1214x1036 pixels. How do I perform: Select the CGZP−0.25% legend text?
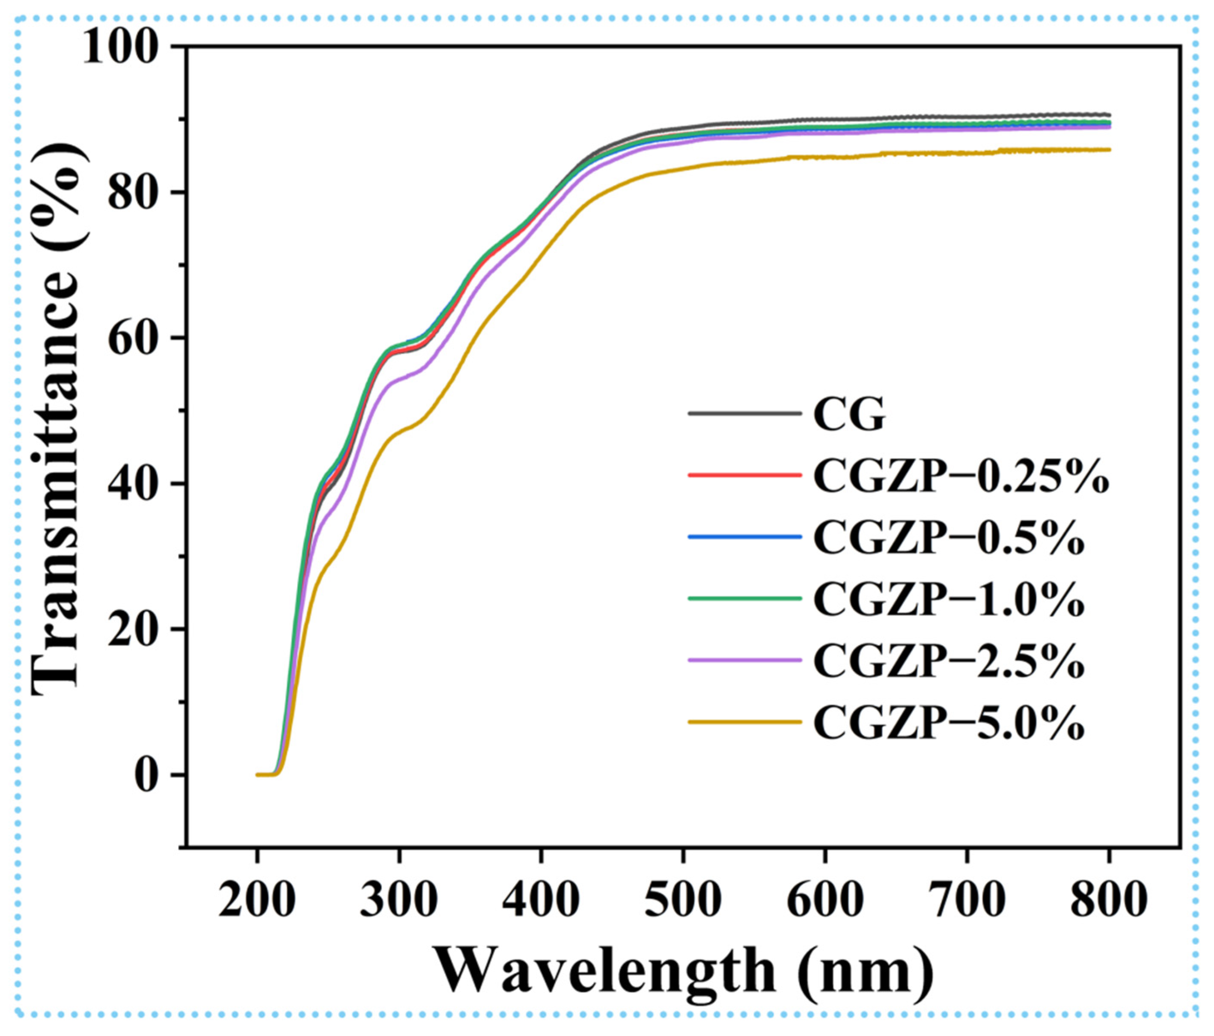coord(961,477)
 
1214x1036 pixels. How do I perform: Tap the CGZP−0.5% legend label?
coord(949,538)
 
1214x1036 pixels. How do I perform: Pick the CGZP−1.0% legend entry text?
coord(949,600)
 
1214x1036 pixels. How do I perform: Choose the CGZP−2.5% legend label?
coord(949,661)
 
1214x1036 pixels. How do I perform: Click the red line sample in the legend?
coord(744,475)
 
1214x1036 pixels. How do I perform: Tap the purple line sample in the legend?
coord(744,660)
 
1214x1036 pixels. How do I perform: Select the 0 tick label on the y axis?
coord(146,775)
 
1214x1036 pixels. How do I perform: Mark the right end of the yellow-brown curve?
coord(1109,150)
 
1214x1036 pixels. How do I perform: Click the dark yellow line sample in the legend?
coord(744,722)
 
